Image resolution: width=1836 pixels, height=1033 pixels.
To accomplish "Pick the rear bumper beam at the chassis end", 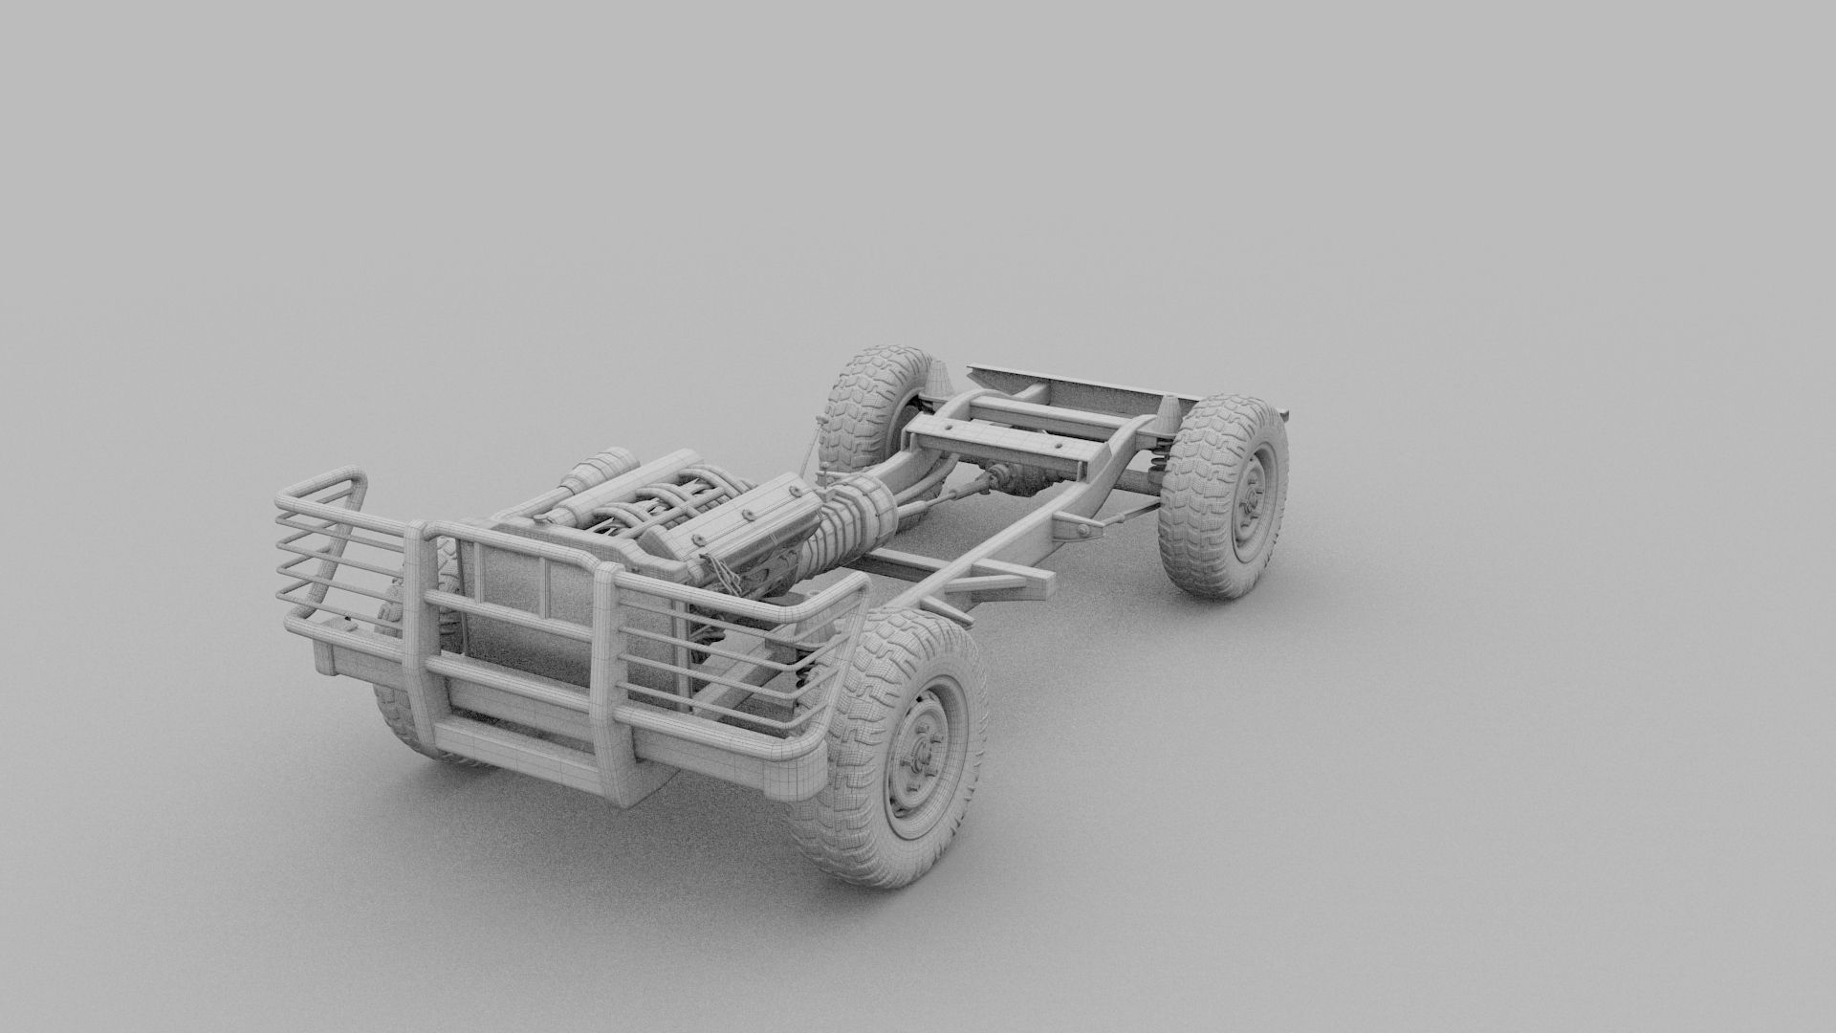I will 1061,386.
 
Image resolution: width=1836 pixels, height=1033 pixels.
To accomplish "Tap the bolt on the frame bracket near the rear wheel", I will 1078,527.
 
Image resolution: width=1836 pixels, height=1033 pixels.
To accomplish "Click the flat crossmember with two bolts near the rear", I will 1052,448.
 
